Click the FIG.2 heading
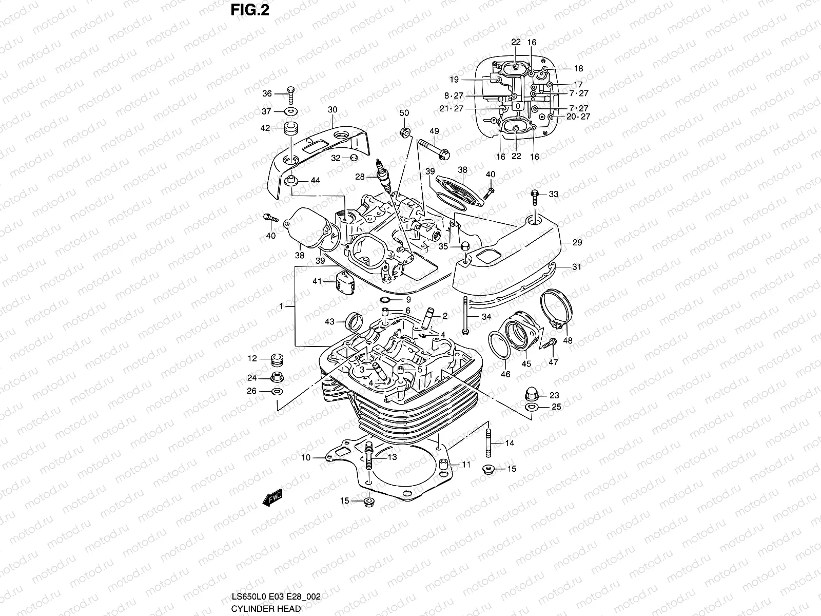(250, 10)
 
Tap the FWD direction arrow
(272, 497)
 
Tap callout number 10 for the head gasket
(306, 457)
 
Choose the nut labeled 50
(404, 132)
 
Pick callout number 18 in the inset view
(578, 68)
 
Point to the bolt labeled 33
(535, 195)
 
